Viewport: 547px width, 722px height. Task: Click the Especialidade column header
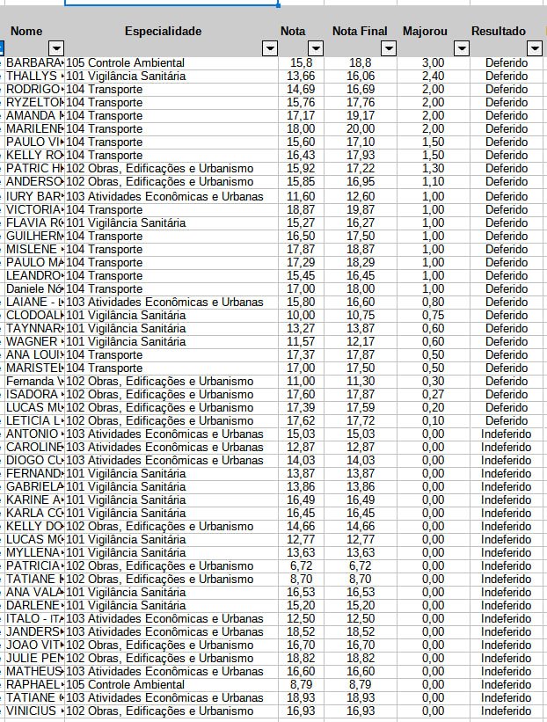(163, 32)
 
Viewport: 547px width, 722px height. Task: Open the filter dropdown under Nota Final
(384, 48)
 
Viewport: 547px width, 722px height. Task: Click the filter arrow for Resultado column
(534, 48)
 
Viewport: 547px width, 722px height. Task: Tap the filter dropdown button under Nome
(55, 48)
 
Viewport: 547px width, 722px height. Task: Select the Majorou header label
(425, 32)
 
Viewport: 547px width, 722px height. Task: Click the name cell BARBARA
(34, 63)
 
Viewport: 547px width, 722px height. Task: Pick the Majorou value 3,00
(433, 63)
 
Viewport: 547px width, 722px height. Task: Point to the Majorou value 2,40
(433, 77)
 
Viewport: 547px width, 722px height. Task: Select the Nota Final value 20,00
(361, 129)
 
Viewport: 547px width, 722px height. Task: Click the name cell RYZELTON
(34, 103)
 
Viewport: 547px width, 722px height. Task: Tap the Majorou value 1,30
(433, 168)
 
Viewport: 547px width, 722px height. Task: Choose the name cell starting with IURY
(34, 196)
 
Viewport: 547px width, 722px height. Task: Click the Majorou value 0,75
(433, 315)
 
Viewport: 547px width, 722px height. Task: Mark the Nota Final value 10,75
(361, 315)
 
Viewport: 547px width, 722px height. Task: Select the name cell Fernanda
(34, 381)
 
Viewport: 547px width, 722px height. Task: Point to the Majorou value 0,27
(433, 394)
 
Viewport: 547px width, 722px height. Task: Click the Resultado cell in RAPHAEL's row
(507, 684)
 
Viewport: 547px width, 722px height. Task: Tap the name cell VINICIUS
(34, 711)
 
